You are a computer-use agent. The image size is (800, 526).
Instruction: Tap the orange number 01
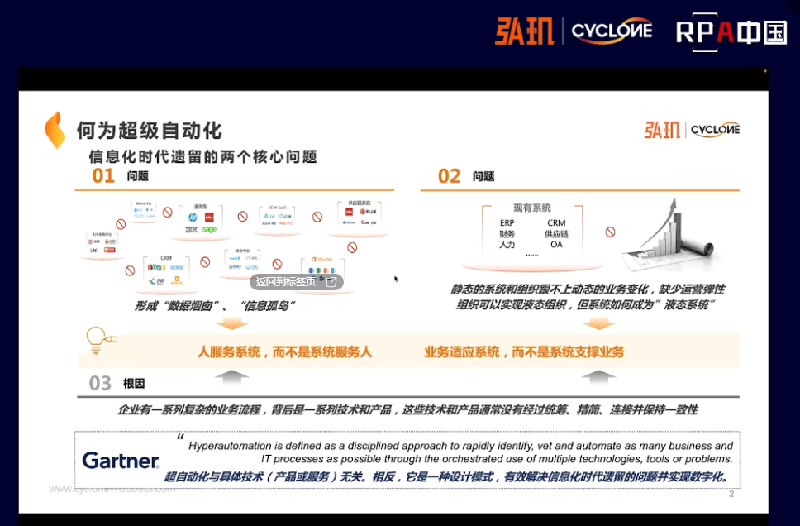click(103, 176)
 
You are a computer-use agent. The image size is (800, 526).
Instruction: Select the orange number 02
click(449, 176)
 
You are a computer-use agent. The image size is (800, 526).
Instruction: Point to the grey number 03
click(100, 383)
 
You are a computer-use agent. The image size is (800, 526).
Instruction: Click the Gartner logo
click(121, 461)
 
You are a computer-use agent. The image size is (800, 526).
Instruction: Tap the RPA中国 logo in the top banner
click(731, 32)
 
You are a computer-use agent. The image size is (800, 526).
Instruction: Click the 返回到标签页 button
click(296, 282)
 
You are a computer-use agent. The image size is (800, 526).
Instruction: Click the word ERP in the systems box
click(507, 223)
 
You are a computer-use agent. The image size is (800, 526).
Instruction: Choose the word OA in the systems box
click(556, 245)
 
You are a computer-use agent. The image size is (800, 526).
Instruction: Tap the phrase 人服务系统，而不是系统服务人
click(285, 352)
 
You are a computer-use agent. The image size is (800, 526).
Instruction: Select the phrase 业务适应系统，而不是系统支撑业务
click(524, 352)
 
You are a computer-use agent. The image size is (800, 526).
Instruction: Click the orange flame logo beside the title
click(55, 130)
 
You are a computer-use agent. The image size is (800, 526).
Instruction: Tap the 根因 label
click(134, 384)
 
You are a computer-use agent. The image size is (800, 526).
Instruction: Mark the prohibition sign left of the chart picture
click(610, 232)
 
